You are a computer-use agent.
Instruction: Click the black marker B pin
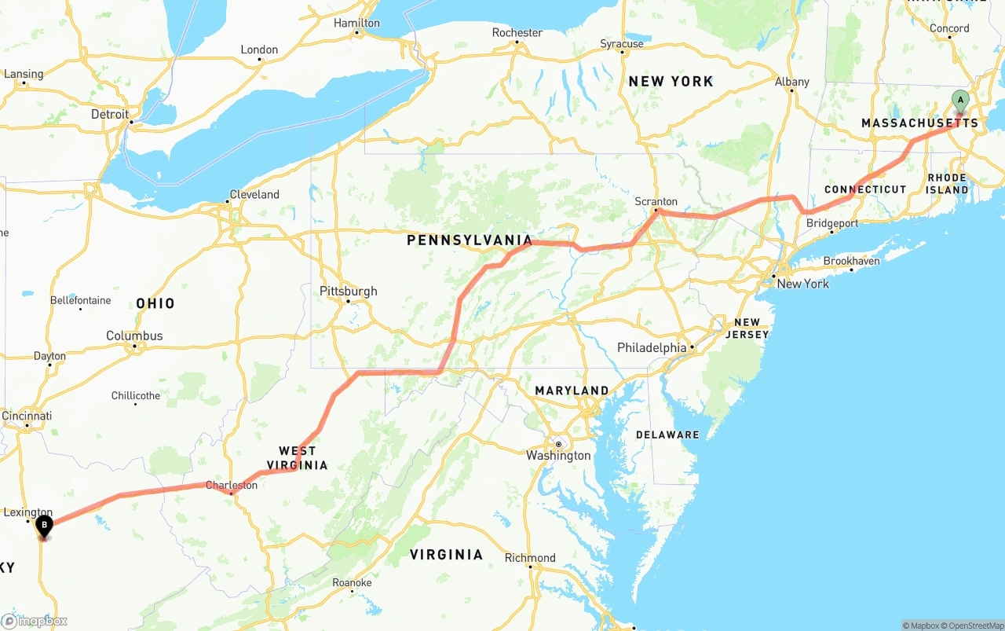[x=44, y=525]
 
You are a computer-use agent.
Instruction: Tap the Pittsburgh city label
[x=348, y=292]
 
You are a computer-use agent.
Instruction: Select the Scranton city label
[x=656, y=202]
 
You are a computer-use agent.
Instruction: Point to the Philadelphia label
[x=652, y=347]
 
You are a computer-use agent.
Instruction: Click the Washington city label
[x=558, y=456]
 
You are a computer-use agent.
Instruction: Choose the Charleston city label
[x=232, y=485]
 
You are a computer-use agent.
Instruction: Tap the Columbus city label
[x=134, y=336]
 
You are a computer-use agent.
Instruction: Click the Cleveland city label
[x=254, y=194]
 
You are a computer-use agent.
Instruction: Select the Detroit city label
[x=110, y=114]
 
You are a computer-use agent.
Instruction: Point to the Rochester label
[x=517, y=32]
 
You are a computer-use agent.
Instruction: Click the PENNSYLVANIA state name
[x=470, y=240]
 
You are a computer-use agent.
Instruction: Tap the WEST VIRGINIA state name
[x=298, y=457]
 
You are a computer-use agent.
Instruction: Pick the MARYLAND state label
[x=572, y=391]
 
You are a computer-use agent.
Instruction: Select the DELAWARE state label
[x=667, y=435]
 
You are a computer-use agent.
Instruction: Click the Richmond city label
[x=530, y=558]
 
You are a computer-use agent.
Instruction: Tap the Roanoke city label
[x=352, y=582]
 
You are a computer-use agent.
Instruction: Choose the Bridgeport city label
[x=832, y=223]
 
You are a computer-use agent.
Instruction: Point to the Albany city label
[x=791, y=82]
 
